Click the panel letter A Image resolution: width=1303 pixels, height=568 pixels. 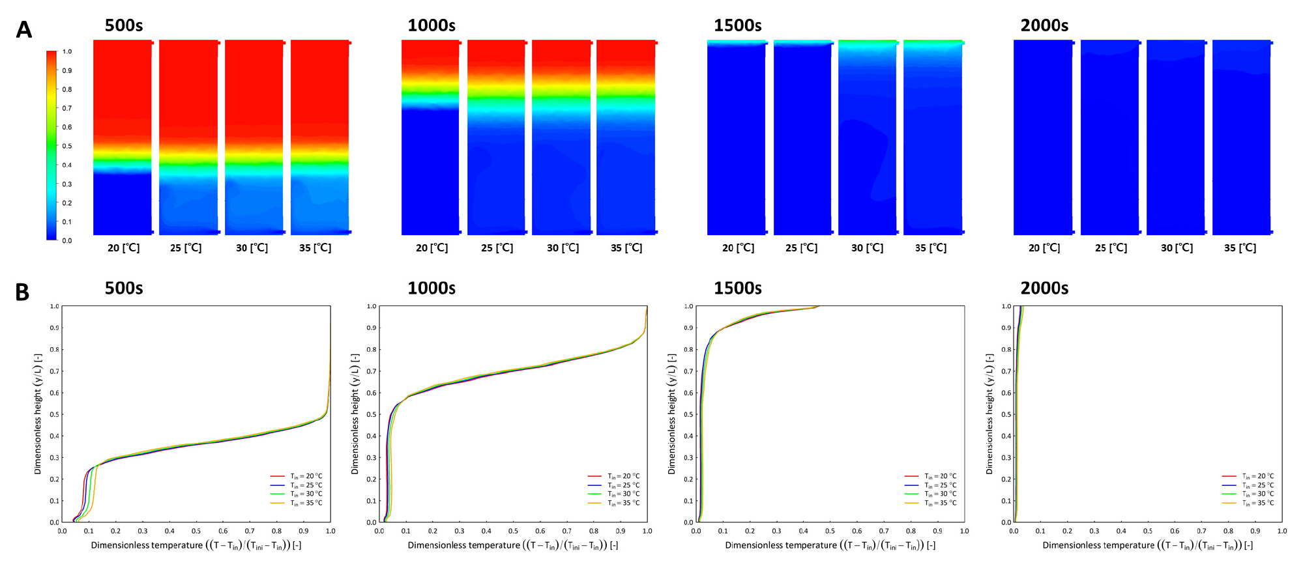point(23,30)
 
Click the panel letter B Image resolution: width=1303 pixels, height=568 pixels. point(22,292)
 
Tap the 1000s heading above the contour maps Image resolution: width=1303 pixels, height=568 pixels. point(432,25)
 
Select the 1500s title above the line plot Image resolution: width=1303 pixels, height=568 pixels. point(738,288)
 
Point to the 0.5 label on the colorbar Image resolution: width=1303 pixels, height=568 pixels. point(67,146)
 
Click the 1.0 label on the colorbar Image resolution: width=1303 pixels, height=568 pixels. point(67,51)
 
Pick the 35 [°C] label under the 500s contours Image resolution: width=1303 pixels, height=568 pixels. point(315,248)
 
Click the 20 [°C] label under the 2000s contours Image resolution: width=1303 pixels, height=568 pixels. point(1044,248)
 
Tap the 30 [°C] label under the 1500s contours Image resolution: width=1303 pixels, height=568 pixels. point(868,248)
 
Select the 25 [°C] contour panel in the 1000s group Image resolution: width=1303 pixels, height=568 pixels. point(497,137)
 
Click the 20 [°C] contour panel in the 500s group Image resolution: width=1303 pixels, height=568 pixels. point(123,137)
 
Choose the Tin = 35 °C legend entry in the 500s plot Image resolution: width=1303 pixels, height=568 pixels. point(297,503)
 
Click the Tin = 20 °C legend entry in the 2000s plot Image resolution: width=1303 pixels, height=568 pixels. point(1248,476)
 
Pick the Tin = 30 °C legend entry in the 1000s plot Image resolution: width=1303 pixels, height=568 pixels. point(614,494)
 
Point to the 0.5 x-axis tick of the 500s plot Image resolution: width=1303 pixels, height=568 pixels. point(196,532)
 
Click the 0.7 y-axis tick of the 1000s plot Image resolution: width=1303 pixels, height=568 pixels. point(372,371)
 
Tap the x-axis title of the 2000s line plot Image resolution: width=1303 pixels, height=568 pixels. point(1148,546)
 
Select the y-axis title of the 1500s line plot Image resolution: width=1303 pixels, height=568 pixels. point(672,414)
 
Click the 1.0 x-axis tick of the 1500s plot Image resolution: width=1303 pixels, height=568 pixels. point(965,532)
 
